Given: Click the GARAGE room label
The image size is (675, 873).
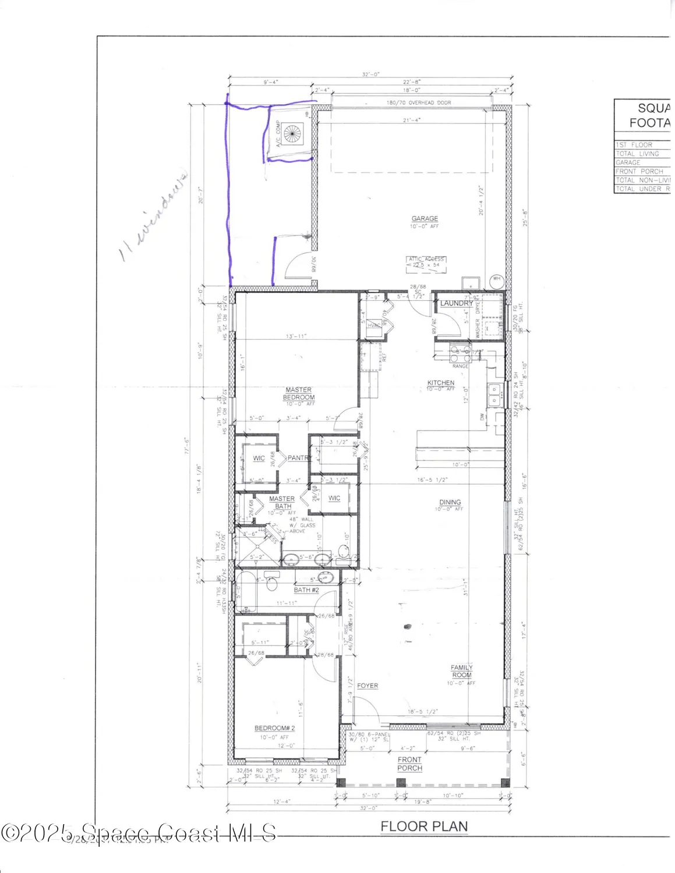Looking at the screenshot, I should (x=425, y=219).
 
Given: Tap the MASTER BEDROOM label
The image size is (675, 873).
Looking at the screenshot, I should (x=298, y=393).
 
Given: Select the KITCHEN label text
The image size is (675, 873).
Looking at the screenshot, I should (x=440, y=383).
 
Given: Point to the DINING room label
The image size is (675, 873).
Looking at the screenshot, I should (x=450, y=502).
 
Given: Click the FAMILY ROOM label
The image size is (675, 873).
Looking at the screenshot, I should (x=461, y=671).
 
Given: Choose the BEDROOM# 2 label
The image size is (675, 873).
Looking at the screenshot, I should (x=275, y=728).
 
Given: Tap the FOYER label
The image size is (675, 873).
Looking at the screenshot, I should (x=367, y=686).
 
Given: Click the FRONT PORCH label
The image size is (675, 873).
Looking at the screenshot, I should (x=409, y=764).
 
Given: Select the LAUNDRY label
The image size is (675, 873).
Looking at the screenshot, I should (x=456, y=303).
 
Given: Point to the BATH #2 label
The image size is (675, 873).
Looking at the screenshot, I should (x=306, y=590).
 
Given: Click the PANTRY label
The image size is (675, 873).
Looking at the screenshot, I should (x=298, y=458).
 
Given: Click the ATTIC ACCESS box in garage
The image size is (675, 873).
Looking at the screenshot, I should (x=426, y=262).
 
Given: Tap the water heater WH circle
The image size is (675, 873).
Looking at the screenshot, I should (x=497, y=279).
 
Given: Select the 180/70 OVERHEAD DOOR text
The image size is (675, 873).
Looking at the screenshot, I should (x=419, y=102).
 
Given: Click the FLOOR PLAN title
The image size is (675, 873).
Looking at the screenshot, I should (x=423, y=826).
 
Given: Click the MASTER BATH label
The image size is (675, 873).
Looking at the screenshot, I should (x=282, y=502).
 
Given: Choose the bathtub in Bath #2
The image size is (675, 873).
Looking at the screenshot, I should (x=246, y=592).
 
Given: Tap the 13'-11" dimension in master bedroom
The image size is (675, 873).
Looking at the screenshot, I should (x=296, y=336).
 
